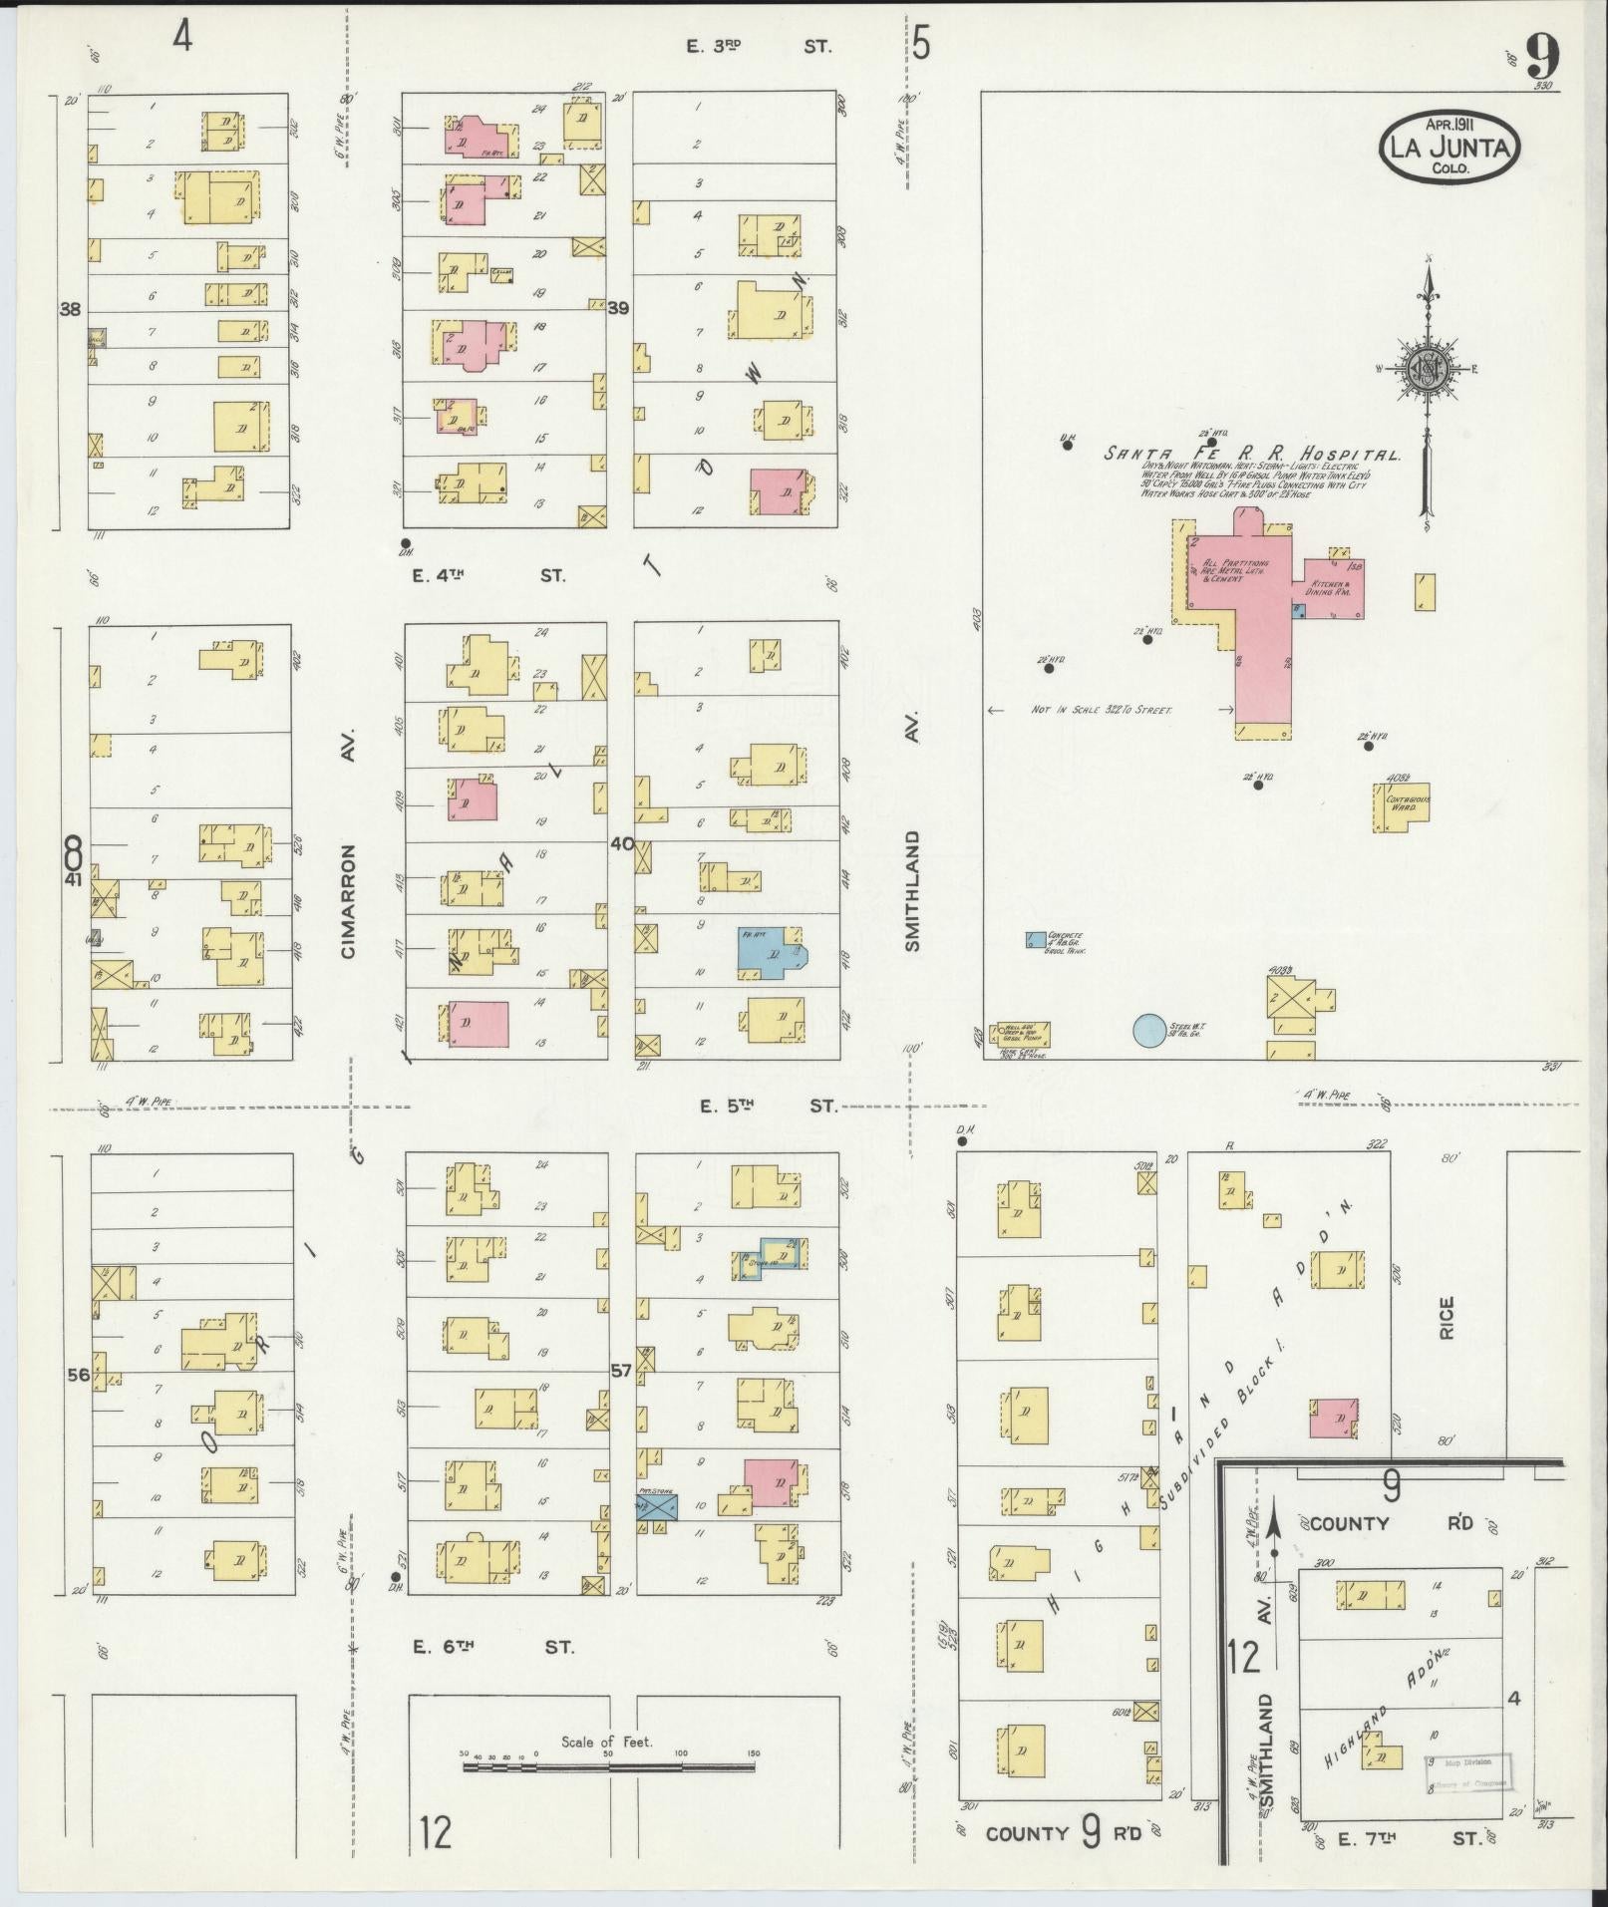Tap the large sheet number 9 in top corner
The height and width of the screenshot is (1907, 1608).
pyautogui.click(x=1540, y=57)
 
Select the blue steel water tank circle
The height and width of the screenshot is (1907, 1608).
pyautogui.click(x=1149, y=1030)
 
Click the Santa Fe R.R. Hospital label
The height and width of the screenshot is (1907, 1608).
pyautogui.click(x=1251, y=454)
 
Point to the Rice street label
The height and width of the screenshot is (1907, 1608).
pyautogui.click(x=1447, y=1317)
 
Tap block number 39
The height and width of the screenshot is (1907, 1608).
pyautogui.click(x=619, y=309)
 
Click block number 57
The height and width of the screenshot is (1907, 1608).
pyautogui.click(x=621, y=1371)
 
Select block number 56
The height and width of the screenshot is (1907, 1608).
pyautogui.click(x=78, y=1375)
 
